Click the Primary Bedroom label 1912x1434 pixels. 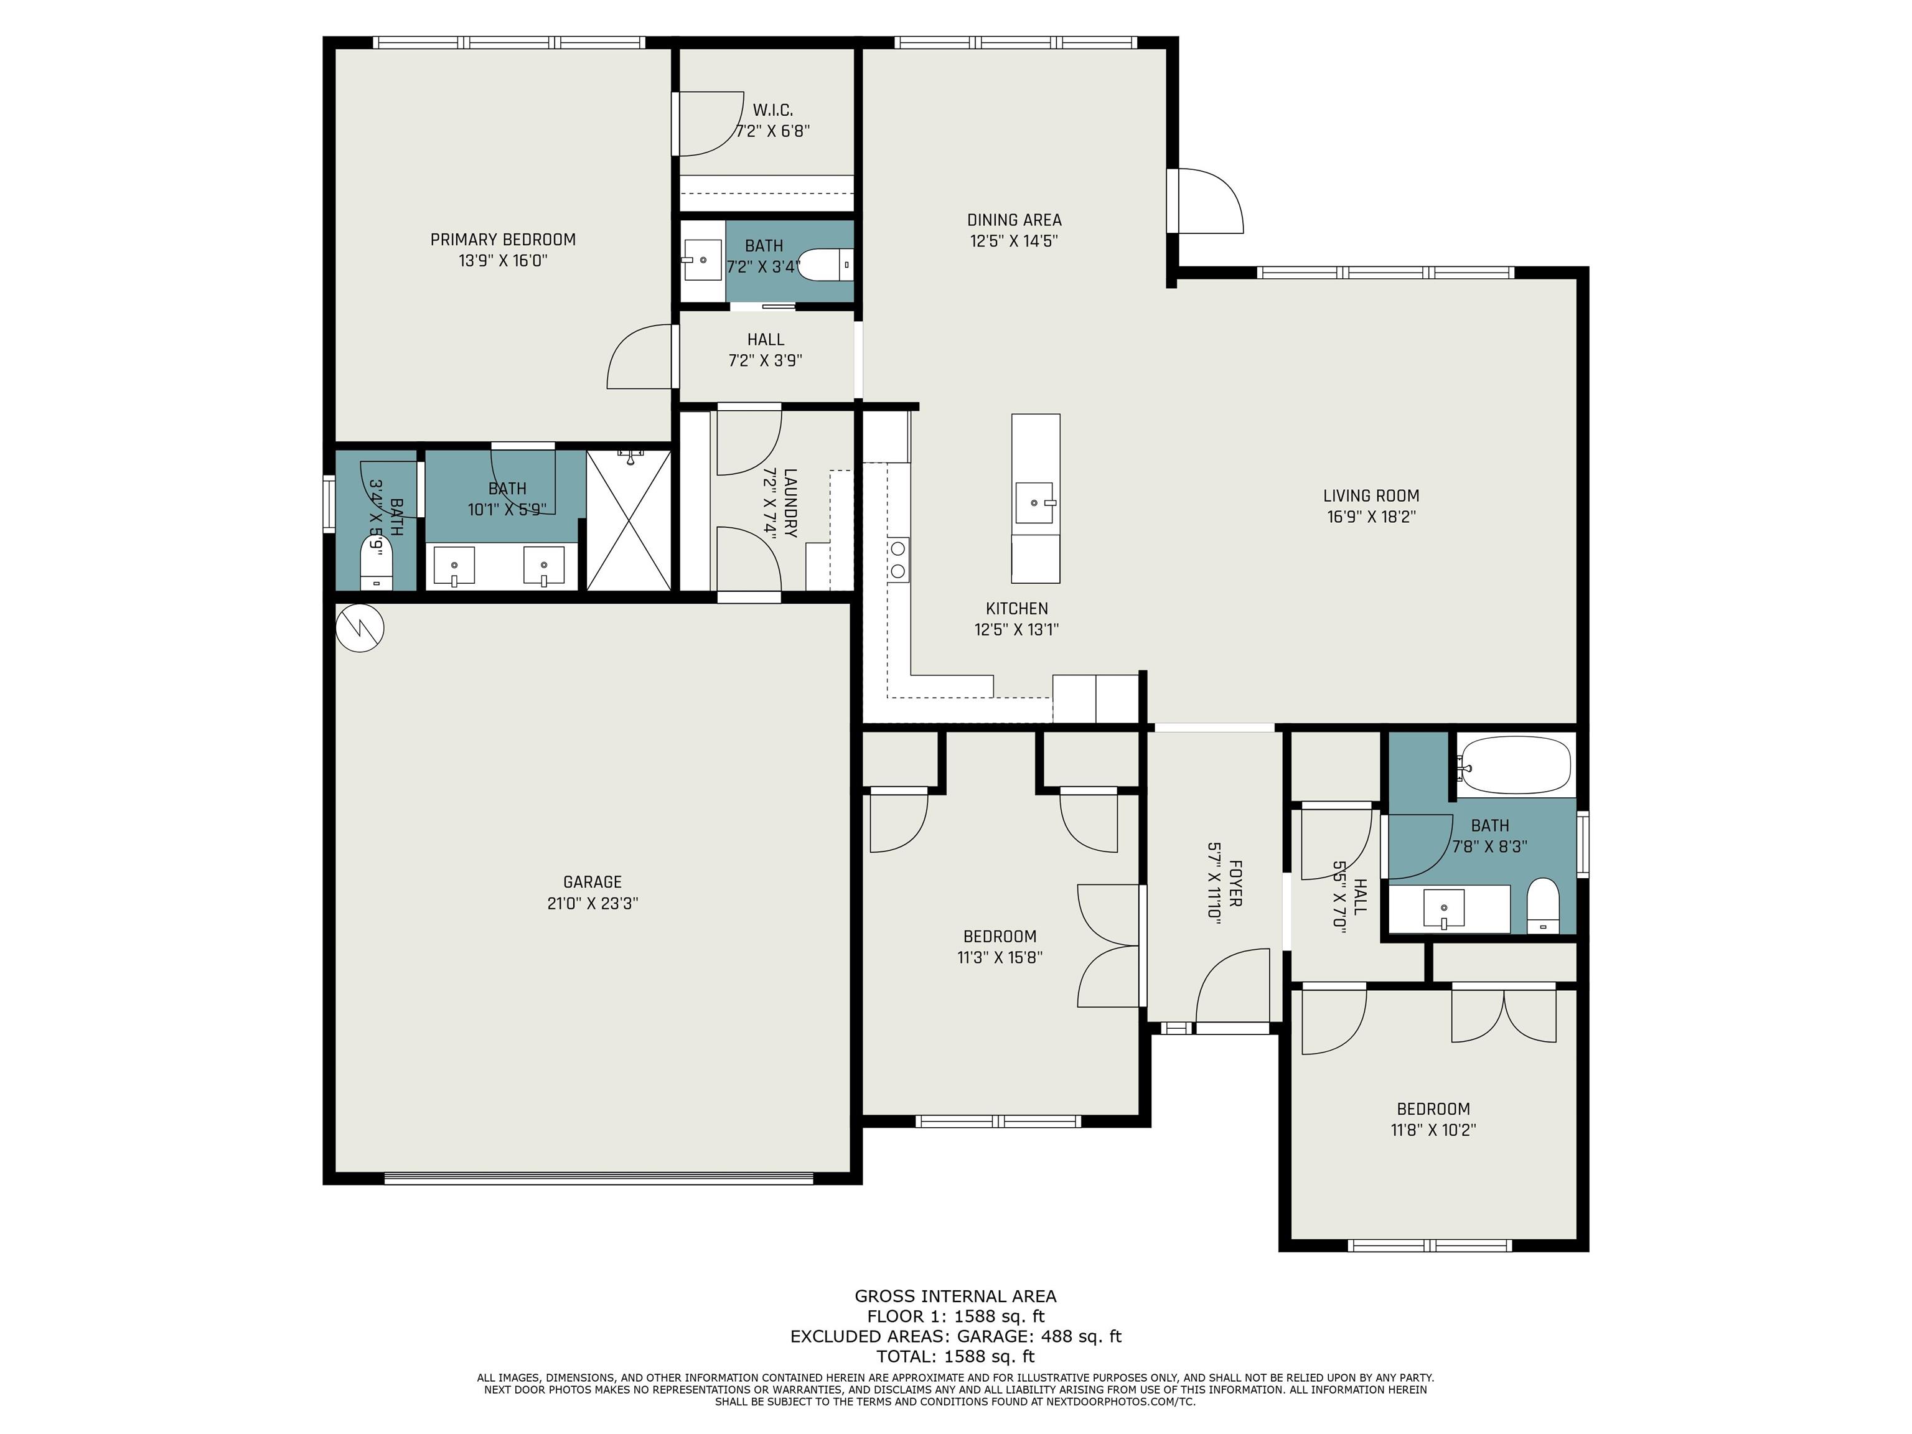503,240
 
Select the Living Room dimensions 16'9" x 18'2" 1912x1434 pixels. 1372,517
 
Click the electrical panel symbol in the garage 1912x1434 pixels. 360,627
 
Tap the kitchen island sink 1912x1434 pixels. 1034,502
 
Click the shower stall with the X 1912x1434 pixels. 629,520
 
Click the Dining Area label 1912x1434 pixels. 1014,220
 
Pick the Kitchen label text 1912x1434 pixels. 1016,609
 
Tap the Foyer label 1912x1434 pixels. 1235,883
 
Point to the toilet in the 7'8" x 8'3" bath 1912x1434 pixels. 1543,905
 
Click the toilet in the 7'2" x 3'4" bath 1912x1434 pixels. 825,265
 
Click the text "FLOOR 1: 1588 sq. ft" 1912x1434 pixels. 956,1316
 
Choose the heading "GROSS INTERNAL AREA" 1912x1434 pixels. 956,1296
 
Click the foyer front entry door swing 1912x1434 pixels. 1232,986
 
